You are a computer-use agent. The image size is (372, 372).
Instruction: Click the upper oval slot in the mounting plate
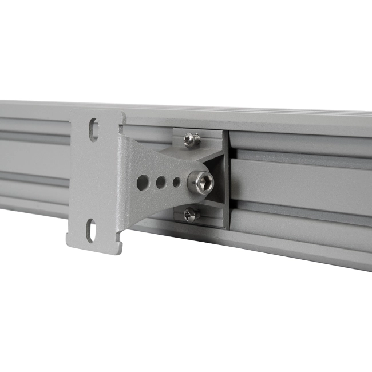[93, 129]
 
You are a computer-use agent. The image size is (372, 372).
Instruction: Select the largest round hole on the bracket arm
[142, 183]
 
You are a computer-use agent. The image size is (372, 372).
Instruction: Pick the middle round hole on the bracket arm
[161, 183]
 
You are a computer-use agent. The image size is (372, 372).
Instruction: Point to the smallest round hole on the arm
[176, 183]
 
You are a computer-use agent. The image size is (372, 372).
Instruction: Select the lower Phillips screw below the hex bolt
[191, 215]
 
